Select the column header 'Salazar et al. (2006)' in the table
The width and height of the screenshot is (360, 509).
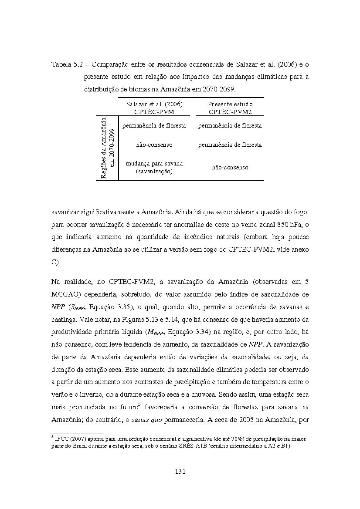click(154, 104)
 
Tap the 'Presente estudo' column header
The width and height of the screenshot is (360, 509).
click(230, 104)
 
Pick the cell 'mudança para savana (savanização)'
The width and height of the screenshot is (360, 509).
click(154, 167)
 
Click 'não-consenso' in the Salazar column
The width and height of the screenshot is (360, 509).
click(154, 145)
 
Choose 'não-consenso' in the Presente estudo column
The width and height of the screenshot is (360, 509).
click(230, 167)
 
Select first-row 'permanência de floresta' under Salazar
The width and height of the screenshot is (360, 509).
click(154, 125)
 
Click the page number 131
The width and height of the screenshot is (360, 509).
click(180, 471)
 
